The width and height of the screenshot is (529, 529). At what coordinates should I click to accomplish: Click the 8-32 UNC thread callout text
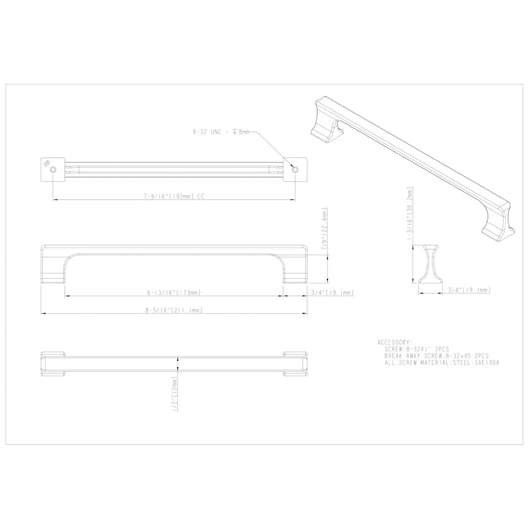tap(221, 132)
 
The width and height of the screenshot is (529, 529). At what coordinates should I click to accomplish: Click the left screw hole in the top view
tap(53, 169)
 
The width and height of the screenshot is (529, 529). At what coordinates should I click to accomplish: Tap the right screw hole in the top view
tap(295, 169)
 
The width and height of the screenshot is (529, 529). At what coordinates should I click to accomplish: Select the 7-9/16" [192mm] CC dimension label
tap(174, 196)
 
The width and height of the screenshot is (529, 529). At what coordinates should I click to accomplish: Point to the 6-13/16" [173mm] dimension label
tap(174, 293)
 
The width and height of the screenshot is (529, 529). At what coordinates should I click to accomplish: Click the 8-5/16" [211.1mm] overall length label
tap(174, 310)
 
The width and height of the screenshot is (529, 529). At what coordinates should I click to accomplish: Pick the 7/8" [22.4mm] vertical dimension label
tap(325, 229)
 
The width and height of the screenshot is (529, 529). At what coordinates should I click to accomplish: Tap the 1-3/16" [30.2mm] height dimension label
tap(410, 214)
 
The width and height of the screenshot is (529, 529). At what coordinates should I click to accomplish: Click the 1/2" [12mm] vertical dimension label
tap(175, 394)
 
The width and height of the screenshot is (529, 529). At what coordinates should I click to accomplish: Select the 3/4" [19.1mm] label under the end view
tap(469, 290)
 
